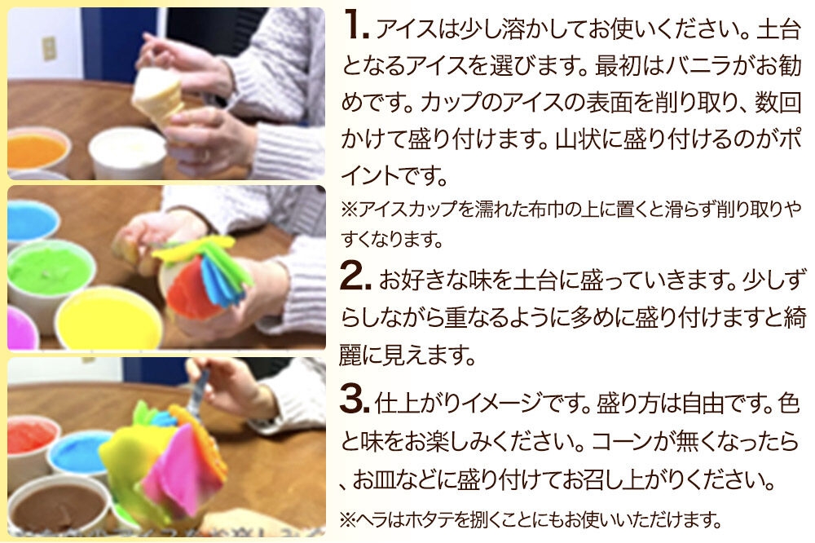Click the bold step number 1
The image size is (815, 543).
point(355,25)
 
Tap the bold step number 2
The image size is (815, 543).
point(355,276)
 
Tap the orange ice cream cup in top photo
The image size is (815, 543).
point(37,148)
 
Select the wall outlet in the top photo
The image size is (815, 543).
point(48,49)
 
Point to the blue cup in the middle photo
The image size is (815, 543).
point(31,220)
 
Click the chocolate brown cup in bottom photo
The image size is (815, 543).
point(58,505)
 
